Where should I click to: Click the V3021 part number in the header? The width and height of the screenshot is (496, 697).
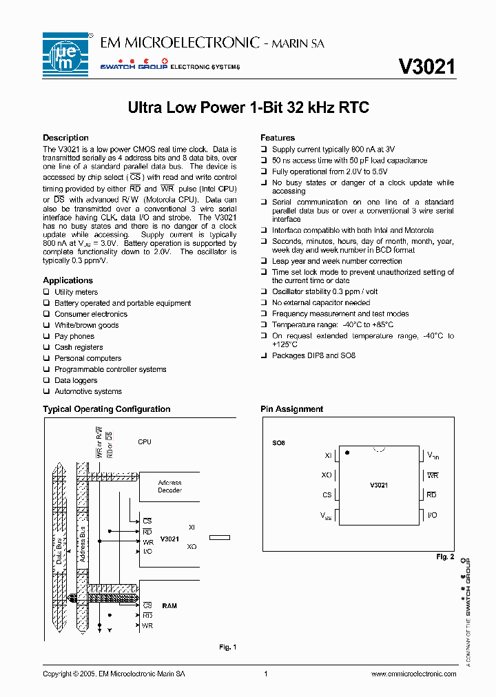pos(426,66)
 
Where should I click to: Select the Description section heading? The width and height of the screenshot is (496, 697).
pos(65,138)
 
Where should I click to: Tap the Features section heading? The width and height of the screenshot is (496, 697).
pos(278,138)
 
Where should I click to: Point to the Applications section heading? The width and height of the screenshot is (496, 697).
pos(68,280)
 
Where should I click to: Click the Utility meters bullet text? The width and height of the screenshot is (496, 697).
pos(76,292)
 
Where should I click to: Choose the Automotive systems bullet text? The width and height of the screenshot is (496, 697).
pos(88,391)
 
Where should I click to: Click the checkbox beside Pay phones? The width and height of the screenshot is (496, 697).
pos(46,336)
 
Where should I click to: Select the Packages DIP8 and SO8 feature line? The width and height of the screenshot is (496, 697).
pos(313,355)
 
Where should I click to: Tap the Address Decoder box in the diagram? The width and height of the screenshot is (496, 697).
pos(169,486)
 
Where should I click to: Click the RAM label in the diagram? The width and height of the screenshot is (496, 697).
pos(169,606)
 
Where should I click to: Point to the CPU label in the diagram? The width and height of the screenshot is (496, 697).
pos(145,441)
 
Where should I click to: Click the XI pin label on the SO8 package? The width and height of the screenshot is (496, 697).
pos(328,455)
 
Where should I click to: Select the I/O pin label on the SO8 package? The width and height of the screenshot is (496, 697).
pos(433,515)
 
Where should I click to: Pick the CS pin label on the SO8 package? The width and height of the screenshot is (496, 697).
pos(327,495)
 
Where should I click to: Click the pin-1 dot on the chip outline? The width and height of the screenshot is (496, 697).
pos(347,452)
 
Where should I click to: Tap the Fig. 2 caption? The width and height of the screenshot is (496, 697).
pos(446,556)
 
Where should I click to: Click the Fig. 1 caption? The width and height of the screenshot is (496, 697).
pos(228,647)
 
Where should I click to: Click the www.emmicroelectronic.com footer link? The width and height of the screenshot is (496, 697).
pos(413,674)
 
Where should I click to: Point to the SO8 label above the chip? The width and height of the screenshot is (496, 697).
pos(279,442)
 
